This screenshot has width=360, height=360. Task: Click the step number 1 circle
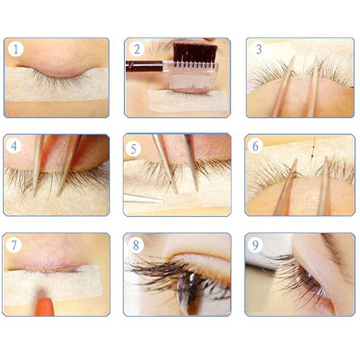click(16, 49)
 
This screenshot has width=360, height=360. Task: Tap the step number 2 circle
click(137, 49)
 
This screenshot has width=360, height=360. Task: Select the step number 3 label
click(259, 49)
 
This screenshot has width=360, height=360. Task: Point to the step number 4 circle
click(14, 145)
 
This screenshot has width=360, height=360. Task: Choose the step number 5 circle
click(134, 149)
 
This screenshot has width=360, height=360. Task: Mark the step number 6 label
click(255, 146)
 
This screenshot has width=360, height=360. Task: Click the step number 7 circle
click(14, 245)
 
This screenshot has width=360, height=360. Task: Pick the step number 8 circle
click(136, 245)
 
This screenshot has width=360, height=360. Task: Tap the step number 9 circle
click(255, 245)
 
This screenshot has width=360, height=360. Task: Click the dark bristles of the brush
click(195, 53)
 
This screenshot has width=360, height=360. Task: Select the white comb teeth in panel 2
click(191, 81)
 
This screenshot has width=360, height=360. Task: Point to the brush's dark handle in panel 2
click(144, 66)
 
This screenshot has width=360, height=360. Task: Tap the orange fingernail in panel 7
click(45, 306)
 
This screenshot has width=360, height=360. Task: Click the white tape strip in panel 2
click(187, 100)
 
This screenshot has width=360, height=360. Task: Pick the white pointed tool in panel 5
click(144, 198)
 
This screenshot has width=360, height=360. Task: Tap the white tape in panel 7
click(52, 284)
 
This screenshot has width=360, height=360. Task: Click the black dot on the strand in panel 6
click(312, 156)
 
